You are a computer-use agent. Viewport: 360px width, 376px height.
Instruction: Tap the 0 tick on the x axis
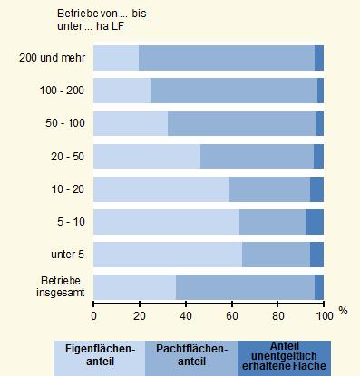(x=93, y=315)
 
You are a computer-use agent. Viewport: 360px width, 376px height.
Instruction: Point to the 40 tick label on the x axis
(x=186, y=315)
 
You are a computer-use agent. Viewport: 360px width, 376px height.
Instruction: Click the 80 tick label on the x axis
(x=277, y=315)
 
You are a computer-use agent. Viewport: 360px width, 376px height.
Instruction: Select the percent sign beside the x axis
(x=344, y=311)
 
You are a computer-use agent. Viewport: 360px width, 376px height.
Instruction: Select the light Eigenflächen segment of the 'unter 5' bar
(x=168, y=255)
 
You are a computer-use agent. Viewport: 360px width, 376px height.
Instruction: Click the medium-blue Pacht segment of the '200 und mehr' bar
(x=227, y=58)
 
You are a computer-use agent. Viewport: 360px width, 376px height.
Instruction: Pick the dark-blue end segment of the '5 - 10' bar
(x=314, y=221)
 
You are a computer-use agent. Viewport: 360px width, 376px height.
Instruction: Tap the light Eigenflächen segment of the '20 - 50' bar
(x=147, y=156)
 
